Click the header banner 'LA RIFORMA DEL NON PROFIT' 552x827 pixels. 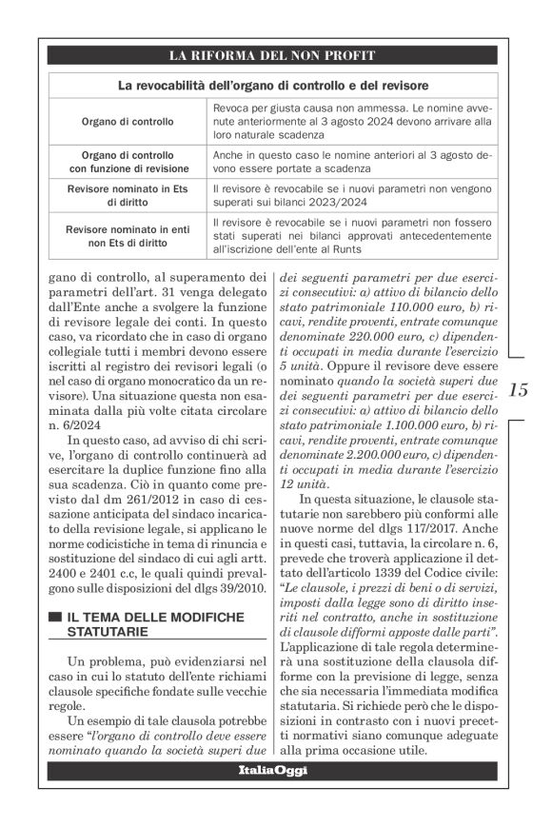(272, 55)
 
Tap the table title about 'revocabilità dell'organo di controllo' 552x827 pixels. (272, 86)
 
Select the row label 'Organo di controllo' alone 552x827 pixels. (128, 122)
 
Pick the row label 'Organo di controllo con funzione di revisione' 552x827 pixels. (128, 161)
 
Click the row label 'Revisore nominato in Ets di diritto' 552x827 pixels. (128, 195)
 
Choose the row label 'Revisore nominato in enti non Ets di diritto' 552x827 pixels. (128, 236)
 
